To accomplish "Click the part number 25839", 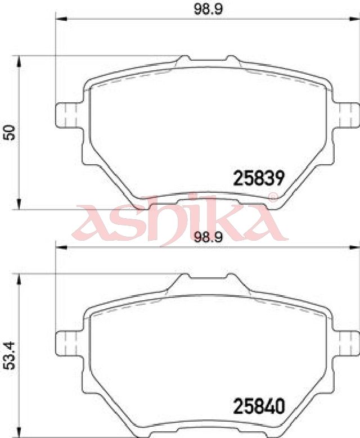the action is (259, 178).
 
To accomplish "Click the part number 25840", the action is (259, 406).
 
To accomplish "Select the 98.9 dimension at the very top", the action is (208, 10).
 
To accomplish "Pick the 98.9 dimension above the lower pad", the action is (208, 237).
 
